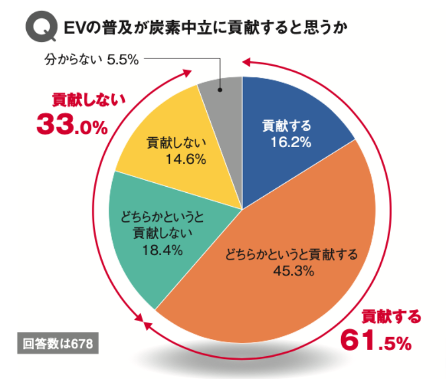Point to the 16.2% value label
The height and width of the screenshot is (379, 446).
coord(290,143)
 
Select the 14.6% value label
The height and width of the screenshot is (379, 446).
coord(186,159)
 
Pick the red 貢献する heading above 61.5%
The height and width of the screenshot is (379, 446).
coord(390,317)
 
